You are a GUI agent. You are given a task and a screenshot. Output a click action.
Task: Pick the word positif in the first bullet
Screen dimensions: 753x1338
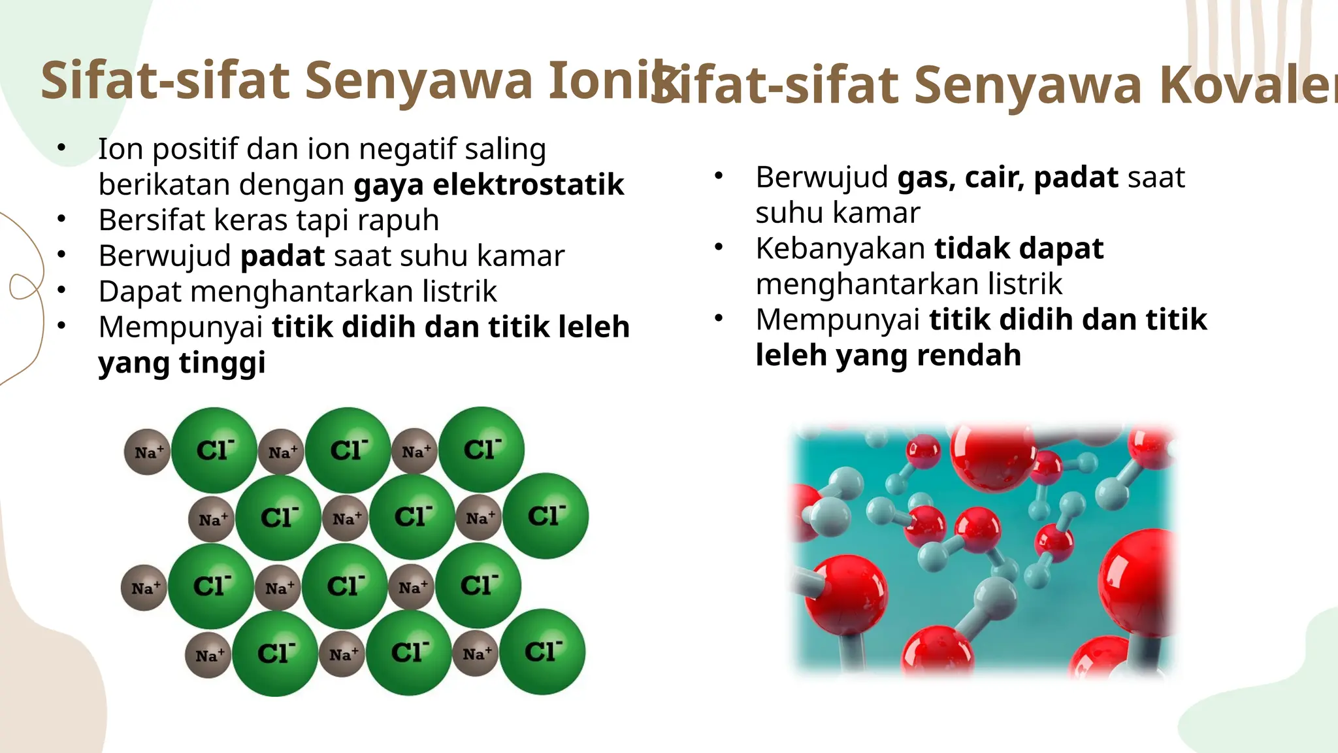click(x=191, y=150)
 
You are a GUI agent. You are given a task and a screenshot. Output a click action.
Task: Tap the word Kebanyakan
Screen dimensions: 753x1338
click(x=840, y=248)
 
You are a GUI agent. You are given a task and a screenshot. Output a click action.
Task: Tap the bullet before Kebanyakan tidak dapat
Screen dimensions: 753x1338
click(x=719, y=247)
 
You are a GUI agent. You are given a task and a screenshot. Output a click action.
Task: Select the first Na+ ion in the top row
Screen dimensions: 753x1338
click(x=148, y=452)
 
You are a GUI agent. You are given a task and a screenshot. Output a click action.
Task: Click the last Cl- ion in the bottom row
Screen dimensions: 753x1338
click(x=542, y=652)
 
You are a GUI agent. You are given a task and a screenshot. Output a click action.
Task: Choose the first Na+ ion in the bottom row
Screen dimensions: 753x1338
click(x=208, y=655)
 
